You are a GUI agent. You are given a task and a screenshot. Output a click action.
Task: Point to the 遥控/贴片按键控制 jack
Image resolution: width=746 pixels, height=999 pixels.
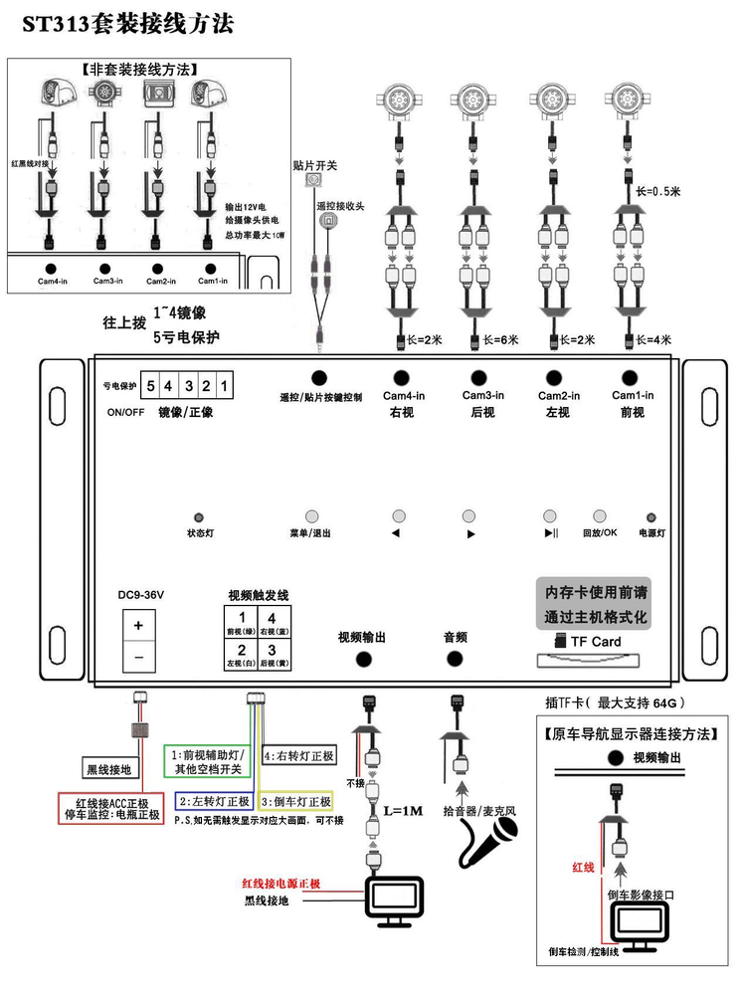pos(320,378)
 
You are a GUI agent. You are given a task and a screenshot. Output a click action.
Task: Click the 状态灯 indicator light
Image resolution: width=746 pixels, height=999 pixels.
pos(200,517)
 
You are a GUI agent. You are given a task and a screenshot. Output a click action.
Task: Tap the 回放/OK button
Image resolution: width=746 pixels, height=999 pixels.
pos(600,516)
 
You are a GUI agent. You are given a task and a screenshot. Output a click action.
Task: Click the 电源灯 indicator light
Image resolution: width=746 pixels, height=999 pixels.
pos(653,517)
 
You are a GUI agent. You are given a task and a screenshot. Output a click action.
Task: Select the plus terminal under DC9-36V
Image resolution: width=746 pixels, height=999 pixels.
pos(139,625)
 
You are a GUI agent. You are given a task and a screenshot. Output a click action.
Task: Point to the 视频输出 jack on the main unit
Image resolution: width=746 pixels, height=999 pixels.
pos(363,658)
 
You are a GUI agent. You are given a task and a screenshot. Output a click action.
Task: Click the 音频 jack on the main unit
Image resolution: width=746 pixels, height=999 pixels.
pos(456,658)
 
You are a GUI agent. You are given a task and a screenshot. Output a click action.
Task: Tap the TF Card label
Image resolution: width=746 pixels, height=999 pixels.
pos(595,642)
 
